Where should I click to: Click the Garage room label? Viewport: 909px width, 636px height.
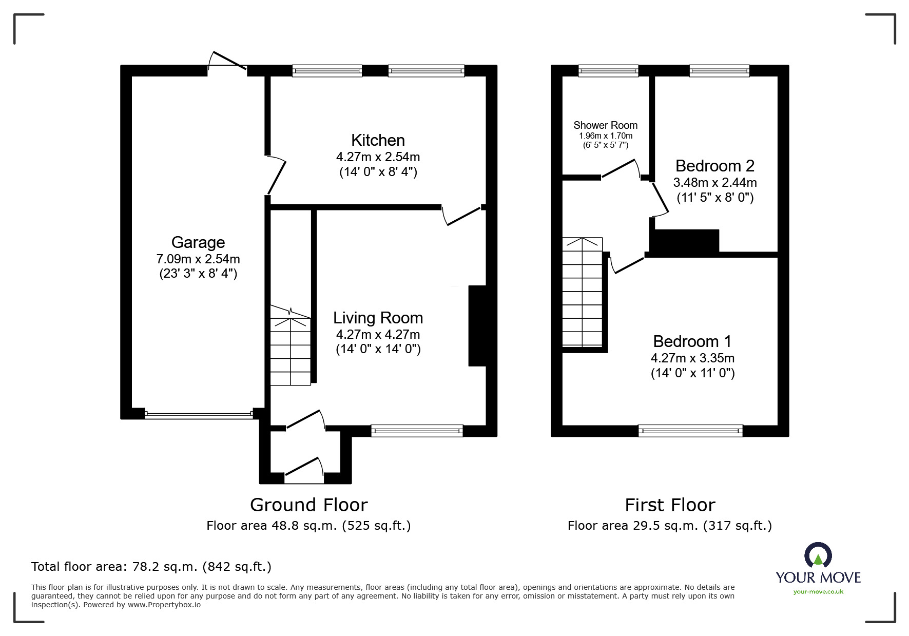pyautogui.click(x=198, y=242)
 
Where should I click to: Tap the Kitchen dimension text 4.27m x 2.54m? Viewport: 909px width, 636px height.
pyautogui.click(x=378, y=157)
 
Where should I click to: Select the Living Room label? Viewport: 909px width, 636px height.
pyautogui.click(x=378, y=318)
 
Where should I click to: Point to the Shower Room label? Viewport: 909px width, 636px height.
pyautogui.click(x=605, y=125)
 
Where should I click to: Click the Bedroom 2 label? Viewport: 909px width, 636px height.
pyautogui.click(x=714, y=166)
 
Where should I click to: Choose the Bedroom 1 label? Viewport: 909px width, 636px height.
pyautogui.click(x=692, y=341)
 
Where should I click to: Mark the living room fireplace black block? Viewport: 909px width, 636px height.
pyautogui.click(x=477, y=325)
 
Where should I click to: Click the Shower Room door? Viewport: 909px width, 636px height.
pyautogui.click(x=621, y=169)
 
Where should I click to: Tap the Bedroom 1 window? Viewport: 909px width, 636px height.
pyautogui.click(x=690, y=431)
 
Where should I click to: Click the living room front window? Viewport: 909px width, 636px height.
pyautogui.click(x=417, y=431)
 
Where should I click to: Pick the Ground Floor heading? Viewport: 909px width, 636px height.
pyautogui.click(x=308, y=505)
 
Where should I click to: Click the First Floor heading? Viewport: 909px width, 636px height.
pyautogui.click(x=669, y=505)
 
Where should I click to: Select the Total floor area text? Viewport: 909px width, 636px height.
pyautogui.click(x=151, y=567)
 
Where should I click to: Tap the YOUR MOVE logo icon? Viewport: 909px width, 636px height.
pyautogui.click(x=818, y=556)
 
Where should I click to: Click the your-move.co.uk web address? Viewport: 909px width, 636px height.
pyautogui.click(x=818, y=592)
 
